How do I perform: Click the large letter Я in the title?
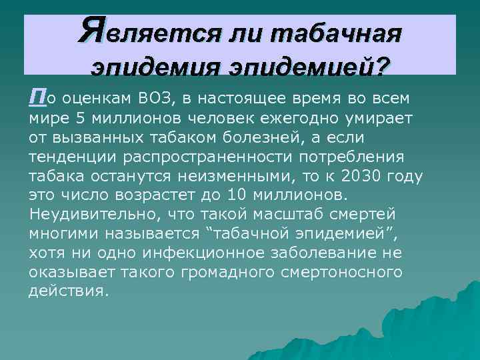pyautogui.click(x=92, y=29)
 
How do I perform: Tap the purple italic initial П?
pyautogui.click(x=35, y=99)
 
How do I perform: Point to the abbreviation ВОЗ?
pyautogui.click(x=157, y=100)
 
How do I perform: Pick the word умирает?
pyautogui.click(x=369, y=119)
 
